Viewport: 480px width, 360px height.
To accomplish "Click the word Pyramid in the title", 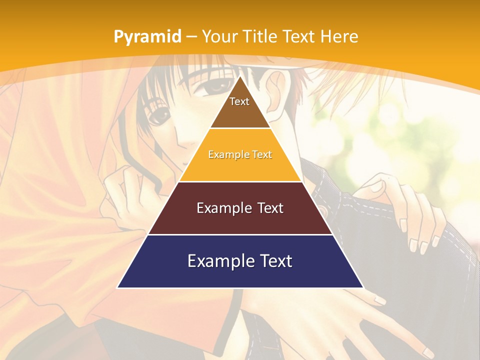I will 147,37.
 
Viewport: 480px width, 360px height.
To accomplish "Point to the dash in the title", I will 191,37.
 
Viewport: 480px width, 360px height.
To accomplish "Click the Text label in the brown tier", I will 239,101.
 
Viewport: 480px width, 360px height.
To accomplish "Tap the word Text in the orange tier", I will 262,155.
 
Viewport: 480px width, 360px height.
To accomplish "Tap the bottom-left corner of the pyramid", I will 118,287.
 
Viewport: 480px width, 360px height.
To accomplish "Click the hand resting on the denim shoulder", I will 410,210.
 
